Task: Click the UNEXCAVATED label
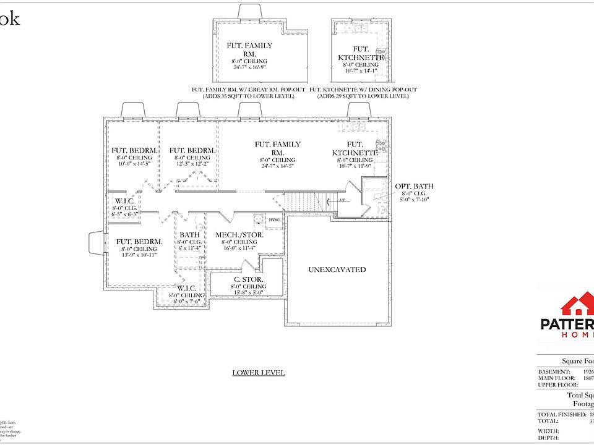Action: point(337,270)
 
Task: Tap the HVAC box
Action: point(275,221)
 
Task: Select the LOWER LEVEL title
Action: point(259,373)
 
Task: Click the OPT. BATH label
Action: point(414,186)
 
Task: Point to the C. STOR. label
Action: point(248,279)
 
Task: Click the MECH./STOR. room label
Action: point(239,235)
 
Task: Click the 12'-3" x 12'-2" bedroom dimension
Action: point(192,164)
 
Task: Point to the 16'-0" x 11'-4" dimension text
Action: point(239,248)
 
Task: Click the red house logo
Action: point(577,306)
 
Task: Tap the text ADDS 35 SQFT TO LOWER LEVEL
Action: point(249,96)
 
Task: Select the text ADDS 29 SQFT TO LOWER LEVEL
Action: point(363,96)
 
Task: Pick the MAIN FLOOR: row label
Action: point(557,378)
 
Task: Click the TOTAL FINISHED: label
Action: point(560,413)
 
